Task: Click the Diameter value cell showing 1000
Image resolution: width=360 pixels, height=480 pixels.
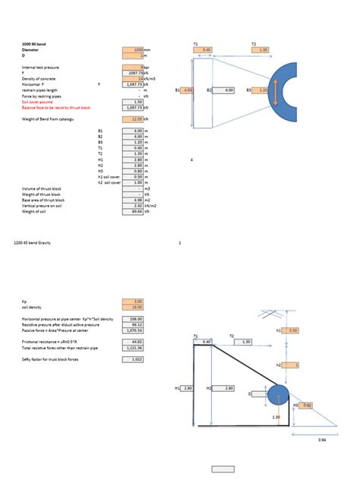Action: [133, 50]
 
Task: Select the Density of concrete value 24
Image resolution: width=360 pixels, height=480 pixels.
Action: [133, 79]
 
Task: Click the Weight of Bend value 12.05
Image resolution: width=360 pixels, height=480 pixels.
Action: [133, 119]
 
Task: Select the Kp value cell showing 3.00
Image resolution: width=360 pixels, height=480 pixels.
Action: [133, 301]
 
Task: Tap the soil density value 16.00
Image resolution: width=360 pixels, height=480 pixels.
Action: [133, 307]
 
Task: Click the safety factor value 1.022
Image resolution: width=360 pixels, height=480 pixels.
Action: [133, 358]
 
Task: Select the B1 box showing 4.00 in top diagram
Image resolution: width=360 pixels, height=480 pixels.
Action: [187, 90]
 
